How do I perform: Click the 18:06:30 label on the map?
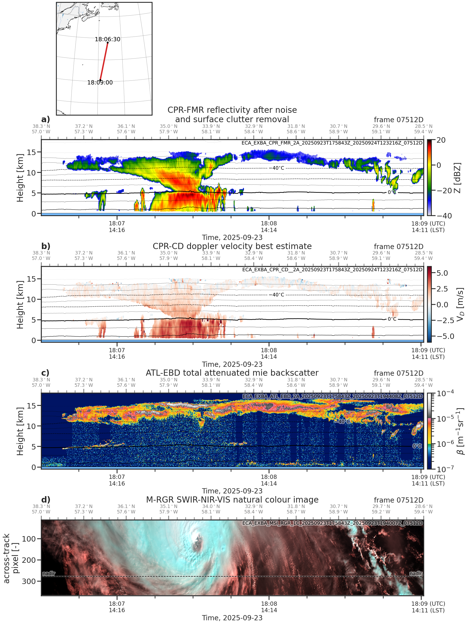107,39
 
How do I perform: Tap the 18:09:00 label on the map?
100,82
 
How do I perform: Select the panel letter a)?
45,119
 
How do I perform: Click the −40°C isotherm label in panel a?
278,168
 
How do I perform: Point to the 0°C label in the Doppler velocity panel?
392,319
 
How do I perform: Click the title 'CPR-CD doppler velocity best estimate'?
232,246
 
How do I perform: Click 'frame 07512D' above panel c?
398,373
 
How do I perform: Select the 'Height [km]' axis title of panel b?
20,305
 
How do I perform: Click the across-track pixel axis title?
10,558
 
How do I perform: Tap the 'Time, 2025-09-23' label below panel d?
232,618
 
